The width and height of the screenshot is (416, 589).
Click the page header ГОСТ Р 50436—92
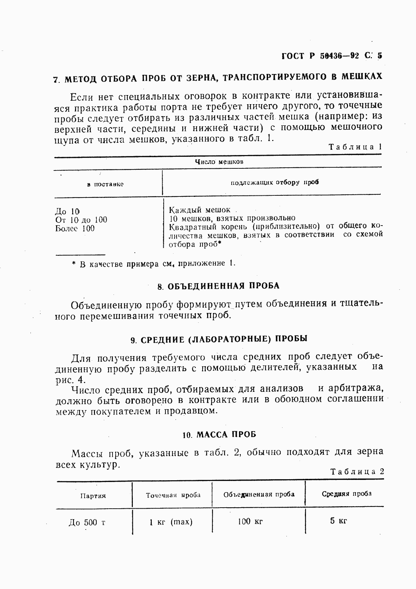click(332, 56)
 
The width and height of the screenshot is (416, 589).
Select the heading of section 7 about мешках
click(217, 78)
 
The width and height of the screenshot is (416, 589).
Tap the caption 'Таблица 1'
click(355, 147)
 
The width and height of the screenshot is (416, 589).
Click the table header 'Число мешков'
click(219, 162)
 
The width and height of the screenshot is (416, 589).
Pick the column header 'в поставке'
click(105, 184)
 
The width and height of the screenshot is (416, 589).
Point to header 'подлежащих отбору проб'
click(274, 182)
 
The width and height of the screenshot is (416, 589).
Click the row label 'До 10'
click(67, 212)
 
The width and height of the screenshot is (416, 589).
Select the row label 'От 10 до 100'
click(81, 220)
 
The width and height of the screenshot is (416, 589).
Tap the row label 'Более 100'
click(75, 229)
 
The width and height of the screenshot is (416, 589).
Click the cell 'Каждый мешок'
click(200, 210)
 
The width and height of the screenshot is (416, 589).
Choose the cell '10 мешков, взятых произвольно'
click(232, 218)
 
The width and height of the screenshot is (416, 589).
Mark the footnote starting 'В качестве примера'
click(154, 264)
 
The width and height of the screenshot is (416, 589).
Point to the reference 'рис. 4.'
click(70, 380)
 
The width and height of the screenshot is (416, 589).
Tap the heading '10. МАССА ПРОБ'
click(219, 435)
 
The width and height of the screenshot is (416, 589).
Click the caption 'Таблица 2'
click(357, 472)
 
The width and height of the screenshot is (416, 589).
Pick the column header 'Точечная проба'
click(173, 495)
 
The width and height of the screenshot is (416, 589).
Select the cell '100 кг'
click(250, 522)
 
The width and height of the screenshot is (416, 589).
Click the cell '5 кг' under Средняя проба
click(338, 521)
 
